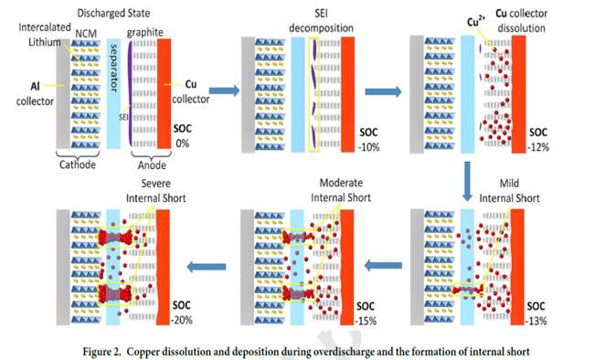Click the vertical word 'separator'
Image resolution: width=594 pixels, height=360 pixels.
pos(113,69)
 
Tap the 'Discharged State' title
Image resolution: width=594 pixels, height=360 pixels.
pos(113,14)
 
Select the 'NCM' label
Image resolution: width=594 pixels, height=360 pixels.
pos(86,34)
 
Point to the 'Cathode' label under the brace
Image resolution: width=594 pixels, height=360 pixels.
pos(78,164)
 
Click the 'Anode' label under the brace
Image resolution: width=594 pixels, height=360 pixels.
pos(152,165)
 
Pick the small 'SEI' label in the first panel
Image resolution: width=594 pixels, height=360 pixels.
pos(123,118)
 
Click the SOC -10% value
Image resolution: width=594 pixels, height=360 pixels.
pos(369,147)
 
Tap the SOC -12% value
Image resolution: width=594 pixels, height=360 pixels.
pos(538,147)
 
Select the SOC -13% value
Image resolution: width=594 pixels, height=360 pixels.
pos(536,321)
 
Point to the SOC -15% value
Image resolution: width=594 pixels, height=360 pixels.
pos(366,321)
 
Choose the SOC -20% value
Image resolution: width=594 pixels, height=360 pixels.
pos(182,320)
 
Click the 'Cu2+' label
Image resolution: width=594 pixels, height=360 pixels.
pos(476,21)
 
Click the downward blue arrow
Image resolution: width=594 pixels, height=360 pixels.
pos(468,181)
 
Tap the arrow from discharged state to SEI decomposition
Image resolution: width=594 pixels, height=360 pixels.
pos(224,90)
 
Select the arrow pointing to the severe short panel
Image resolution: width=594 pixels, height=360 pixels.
pos(207,267)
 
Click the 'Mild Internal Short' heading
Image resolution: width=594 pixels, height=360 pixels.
pos(510,191)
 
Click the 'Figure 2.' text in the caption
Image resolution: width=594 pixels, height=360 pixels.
pos(102,352)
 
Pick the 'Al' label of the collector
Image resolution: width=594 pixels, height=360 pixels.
pos(35,87)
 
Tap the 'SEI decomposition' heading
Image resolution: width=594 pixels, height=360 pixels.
pos(322,21)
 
